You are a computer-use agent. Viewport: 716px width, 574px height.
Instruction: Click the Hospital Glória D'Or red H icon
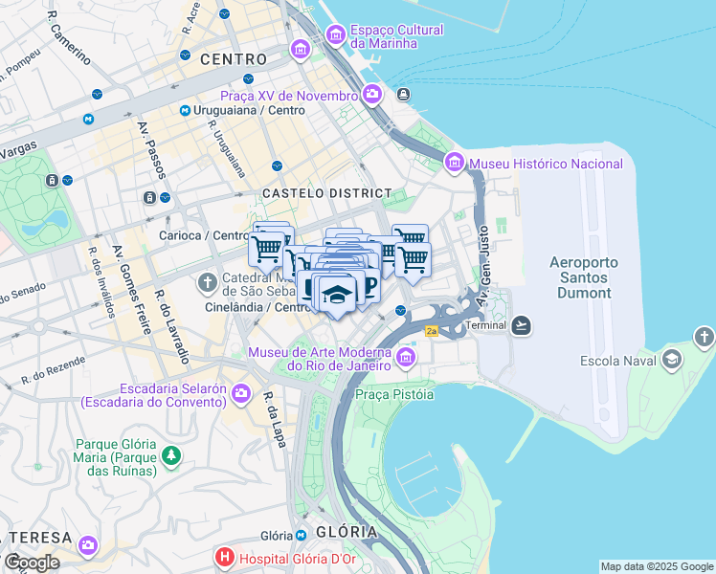click(225, 556)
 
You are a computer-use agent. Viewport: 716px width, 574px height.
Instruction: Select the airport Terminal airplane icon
click(521, 325)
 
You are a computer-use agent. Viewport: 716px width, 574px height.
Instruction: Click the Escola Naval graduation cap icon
click(672, 360)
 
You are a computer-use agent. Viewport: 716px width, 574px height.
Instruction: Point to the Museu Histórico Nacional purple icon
click(455, 164)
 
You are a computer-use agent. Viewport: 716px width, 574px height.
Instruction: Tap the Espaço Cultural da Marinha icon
click(335, 35)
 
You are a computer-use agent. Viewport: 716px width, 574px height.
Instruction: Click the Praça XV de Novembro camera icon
click(372, 95)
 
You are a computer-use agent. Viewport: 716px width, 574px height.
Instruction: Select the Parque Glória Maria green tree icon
click(171, 455)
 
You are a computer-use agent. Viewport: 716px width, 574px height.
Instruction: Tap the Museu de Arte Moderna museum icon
click(406, 358)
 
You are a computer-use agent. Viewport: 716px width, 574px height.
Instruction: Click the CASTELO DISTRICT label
click(327, 193)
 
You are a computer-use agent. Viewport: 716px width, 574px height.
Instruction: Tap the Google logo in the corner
click(31, 562)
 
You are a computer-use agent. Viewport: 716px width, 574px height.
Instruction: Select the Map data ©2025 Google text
click(656, 566)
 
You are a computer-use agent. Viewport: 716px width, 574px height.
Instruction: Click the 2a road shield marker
click(431, 331)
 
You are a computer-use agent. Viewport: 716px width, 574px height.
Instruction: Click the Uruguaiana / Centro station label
click(249, 111)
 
